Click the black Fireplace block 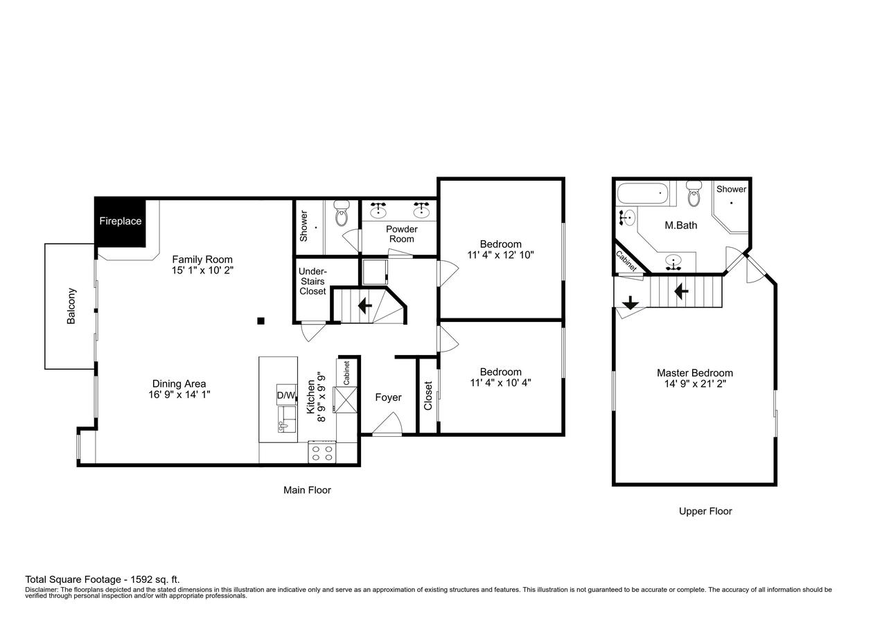pyautogui.click(x=120, y=222)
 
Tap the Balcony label pyautogui.click(x=71, y=306)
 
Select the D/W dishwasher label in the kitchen pyautogui.click(x=285, y=396)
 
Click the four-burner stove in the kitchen pyautogui.click(x=321, y=453)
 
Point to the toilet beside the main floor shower pyautogui.click(x=341, y=215)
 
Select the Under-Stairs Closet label pyautogui.click(x=312, y=281)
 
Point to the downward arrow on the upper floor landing pyautogui.click(x=630, y=303)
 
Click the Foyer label pyautogui.click(x=388, y=397)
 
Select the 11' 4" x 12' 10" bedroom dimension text pyautogui.click(x=500, y=255)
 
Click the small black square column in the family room pyautogui.click(x=261, y=320)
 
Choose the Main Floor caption pyautogui.click(x=307, y=490)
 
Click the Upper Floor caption pyautogui.click(x=705, y=512)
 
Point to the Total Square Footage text pyautogui.click(x=103, y=579)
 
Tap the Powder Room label pyautogui.click(x=401, y=234)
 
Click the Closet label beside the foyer pyautogui.click(x=428, y=395)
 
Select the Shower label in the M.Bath pyautogui.click(x=731, y=189)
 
